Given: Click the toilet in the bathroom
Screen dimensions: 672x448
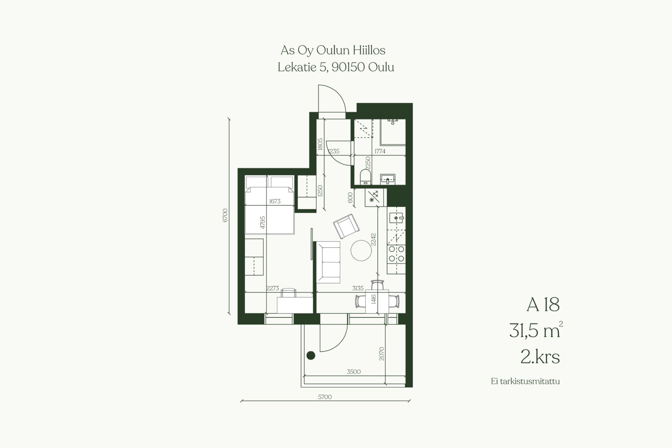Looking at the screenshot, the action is point(365,177).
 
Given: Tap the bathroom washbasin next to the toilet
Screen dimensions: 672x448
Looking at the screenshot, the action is point(388,179).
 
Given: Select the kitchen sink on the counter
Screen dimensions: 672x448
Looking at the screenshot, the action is point(397,218).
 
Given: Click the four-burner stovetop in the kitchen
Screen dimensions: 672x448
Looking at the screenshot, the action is point(397,254).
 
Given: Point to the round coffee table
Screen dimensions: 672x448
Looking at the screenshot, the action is point(361,250).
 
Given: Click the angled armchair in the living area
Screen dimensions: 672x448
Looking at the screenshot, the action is point(346,226).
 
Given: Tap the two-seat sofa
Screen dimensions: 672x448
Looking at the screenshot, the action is point(328,262).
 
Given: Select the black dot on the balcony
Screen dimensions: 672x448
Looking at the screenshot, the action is point(311,356).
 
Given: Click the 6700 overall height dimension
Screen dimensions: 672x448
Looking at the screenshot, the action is point(225,215).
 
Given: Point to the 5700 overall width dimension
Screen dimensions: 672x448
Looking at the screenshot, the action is point(325,397).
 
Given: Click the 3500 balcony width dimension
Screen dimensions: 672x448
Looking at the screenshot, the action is point(353,372).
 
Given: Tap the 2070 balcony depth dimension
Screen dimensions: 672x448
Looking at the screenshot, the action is point(381,354).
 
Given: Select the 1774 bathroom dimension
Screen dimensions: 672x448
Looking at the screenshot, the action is point(380,152).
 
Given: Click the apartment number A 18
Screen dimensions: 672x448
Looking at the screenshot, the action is point(543,305).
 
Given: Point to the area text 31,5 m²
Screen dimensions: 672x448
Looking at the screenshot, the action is point(536,330).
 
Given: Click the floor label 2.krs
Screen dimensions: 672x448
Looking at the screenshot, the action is point(540,357).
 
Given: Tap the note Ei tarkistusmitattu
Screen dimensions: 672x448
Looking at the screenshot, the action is point(525,381).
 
